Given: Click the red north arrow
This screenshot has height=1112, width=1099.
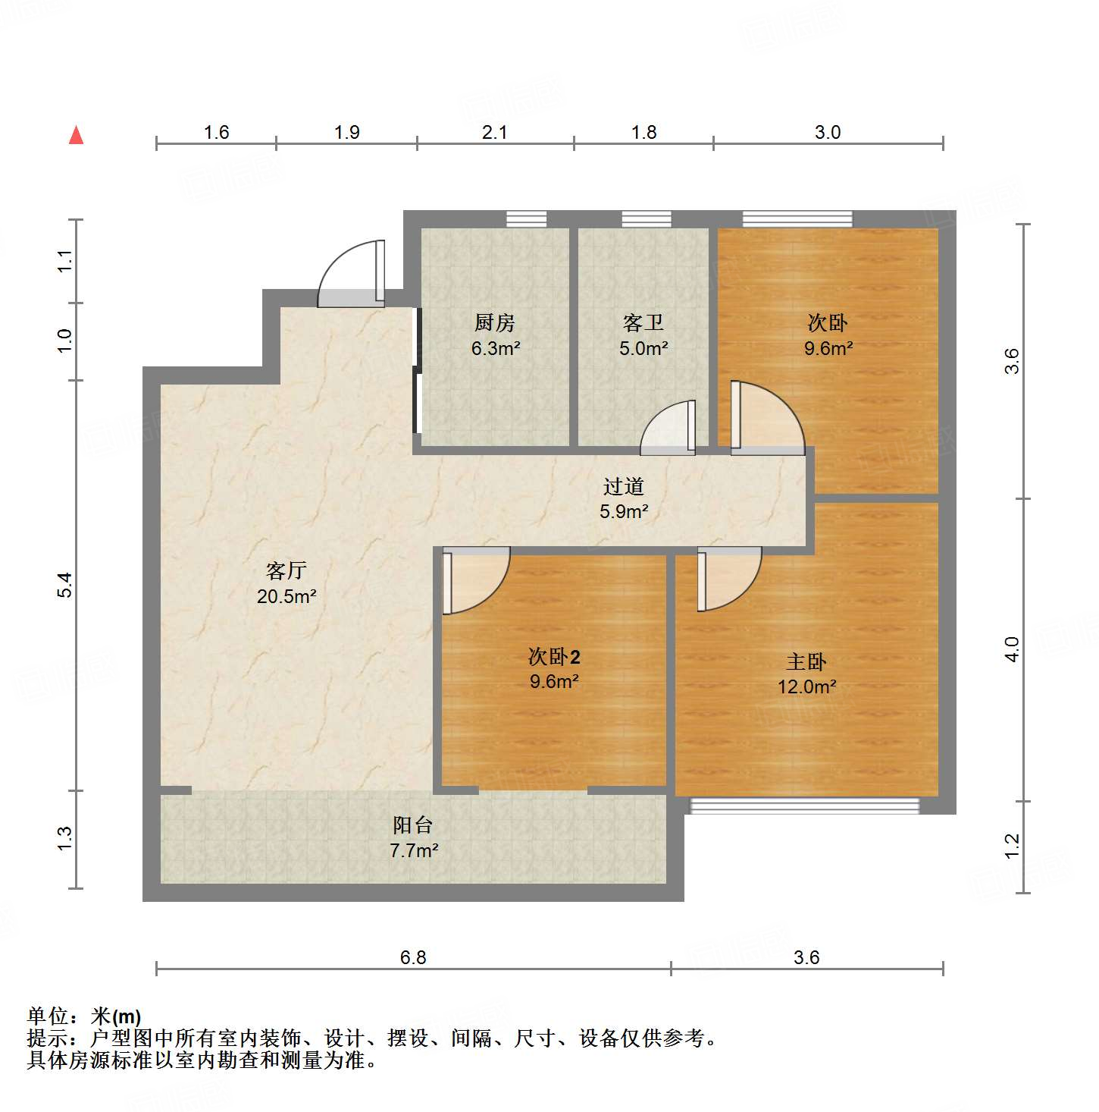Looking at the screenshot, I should coord(76,135).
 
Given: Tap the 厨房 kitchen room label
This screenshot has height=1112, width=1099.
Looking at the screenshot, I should coord(495,323).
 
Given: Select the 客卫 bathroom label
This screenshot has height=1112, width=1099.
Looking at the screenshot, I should coord(643,323).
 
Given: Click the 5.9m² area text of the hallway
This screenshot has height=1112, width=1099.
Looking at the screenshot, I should coord(624,512).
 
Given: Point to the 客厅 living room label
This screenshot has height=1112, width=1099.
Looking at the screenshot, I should coord(286,570).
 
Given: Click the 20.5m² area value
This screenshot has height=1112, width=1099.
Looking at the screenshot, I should coord(286,597).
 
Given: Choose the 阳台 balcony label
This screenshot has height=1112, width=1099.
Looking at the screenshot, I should coord(413,825).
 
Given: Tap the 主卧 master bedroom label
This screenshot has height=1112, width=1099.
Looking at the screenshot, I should coord(806,662).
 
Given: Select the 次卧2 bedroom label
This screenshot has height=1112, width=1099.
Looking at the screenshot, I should coord(554,657).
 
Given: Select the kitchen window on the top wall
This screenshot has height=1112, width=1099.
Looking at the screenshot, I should coord(526,219).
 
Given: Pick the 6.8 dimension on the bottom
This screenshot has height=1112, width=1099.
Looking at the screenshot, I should coord(413,957).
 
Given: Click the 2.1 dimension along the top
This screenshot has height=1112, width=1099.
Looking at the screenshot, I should coord(495,133).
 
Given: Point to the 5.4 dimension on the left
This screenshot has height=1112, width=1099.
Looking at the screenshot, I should coord(65,585).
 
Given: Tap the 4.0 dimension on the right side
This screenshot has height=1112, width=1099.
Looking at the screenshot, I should coord(1013,649).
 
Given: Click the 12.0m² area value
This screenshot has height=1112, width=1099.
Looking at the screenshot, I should coord(806,687).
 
